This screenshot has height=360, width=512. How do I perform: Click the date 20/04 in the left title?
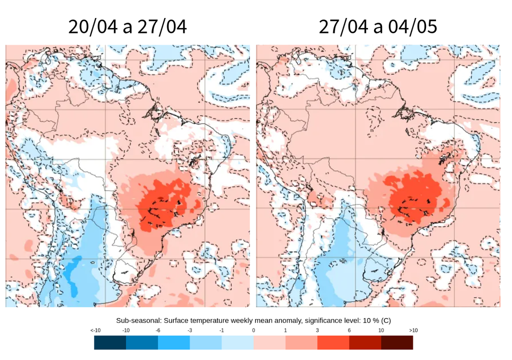coord(93,26)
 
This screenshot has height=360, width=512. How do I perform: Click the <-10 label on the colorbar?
coord(95,331)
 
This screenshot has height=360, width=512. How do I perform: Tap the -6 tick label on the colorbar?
coord(158,331)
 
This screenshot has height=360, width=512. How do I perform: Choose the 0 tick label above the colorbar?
coord(253,331)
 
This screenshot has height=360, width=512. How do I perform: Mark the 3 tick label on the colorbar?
coord(317,331)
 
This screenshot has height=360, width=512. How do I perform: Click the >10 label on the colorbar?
coord(413,331)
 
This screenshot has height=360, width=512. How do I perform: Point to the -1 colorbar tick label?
coord(221,331)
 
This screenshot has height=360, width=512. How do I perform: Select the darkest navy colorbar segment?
coord(110,342)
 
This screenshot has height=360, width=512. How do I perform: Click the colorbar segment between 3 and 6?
coord(333,342)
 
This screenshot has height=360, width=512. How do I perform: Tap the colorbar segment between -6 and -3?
coord(173,342)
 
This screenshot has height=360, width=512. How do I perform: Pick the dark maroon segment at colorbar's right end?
coord(397,342)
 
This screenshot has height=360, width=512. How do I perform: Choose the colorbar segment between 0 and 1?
coord(269,342)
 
